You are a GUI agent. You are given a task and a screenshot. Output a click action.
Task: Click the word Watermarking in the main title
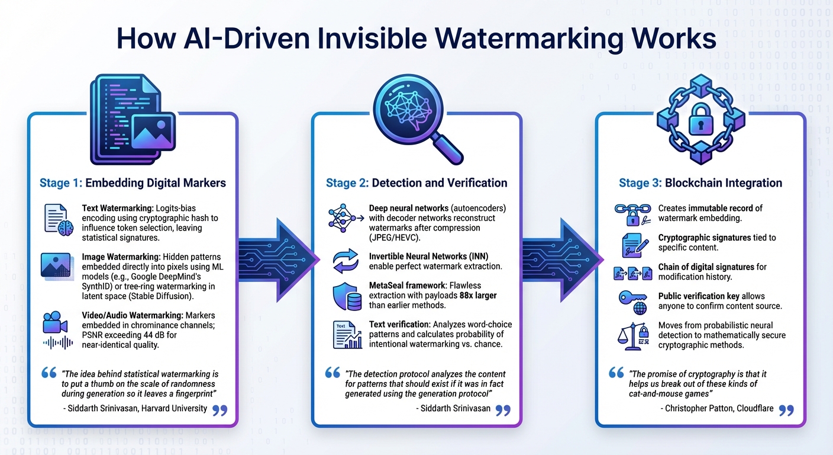click(521, 38)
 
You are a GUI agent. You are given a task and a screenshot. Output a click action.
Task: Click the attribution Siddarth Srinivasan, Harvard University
click(135, 408)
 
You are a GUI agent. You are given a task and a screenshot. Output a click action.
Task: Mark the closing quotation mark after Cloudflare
click(786, 411)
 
